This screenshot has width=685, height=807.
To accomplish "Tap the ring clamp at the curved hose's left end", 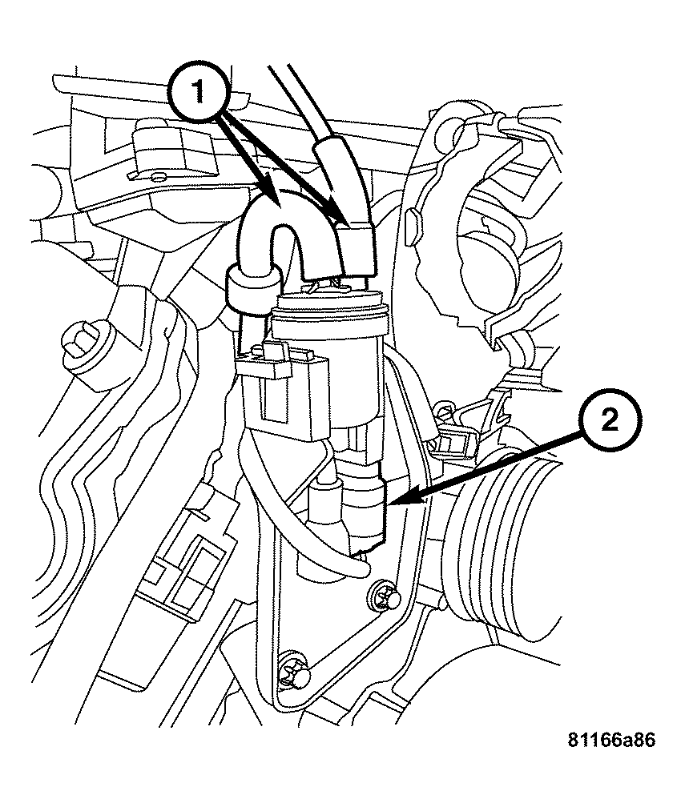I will click(x=250, y=288).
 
